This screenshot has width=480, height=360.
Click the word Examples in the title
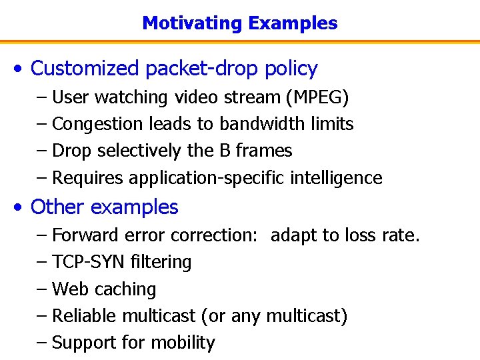click(293, 23)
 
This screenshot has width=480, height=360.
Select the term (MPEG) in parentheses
click(317, 97)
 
